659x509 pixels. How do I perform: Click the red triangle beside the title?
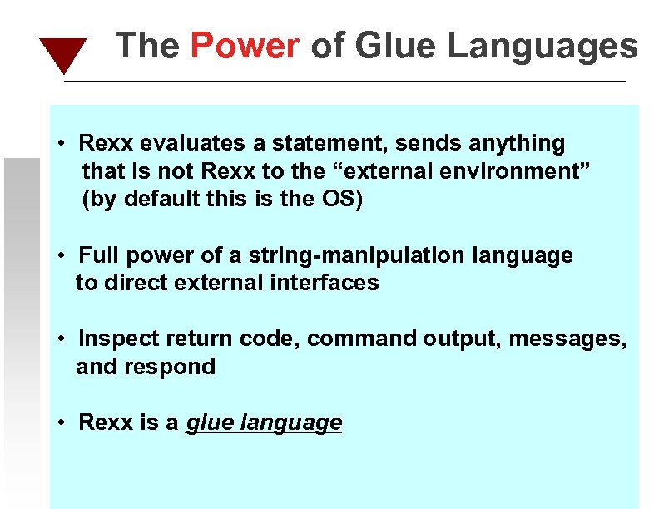coord(62,53)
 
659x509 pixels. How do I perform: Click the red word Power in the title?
coord(245,46)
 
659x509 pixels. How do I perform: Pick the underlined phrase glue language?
coord(264,423)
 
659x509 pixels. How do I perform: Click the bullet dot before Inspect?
coord(62,339)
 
